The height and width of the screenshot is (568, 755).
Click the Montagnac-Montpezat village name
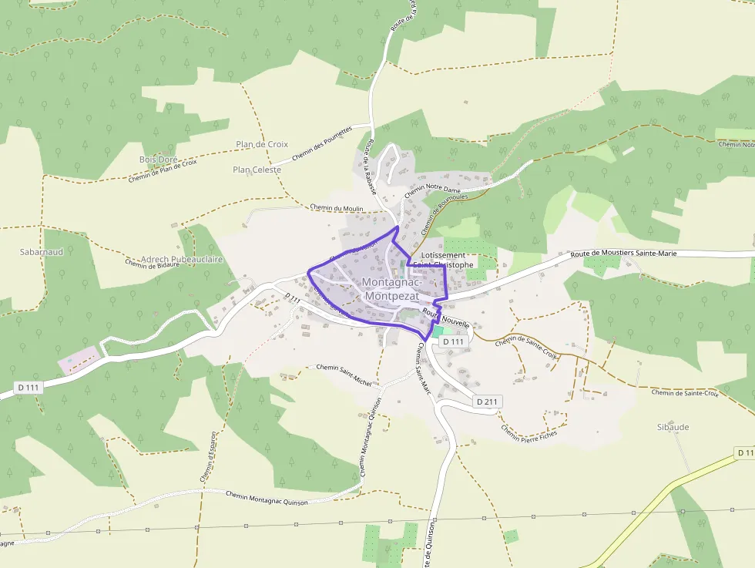click(391, 289)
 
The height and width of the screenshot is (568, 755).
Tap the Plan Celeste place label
click(257, 170)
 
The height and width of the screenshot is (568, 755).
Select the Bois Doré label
click(158, 160)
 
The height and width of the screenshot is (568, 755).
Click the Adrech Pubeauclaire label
click(182, 260)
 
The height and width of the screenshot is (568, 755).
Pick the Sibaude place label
click(673, 427)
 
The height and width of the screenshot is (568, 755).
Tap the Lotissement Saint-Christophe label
click(444, 260)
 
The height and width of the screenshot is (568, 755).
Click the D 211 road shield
click(488, 402)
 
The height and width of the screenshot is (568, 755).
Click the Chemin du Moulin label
click(336, 208)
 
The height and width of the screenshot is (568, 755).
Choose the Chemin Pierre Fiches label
click(528, 432)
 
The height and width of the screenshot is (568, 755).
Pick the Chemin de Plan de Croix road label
click(163, 170)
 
